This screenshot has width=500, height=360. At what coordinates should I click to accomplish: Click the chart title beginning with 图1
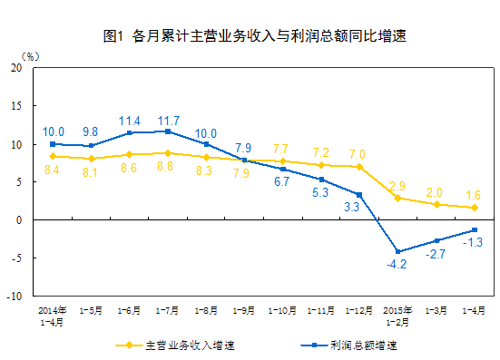tap(254, 37)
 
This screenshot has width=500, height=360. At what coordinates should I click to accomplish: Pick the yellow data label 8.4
tap(53, 170)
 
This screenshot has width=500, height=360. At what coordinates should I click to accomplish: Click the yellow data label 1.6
tap(474, 194)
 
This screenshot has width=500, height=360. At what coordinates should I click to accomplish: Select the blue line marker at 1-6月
tap(130, 133)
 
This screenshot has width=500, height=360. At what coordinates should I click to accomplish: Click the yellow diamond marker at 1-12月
tap(359, 167)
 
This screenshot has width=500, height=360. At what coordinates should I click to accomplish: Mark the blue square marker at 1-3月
tap(436, 240)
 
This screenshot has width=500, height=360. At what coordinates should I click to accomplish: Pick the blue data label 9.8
tap(92, 131)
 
